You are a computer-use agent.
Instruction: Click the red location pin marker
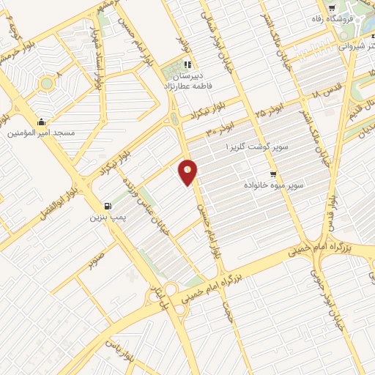click(x=188, y=172)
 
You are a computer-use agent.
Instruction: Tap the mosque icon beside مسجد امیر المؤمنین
click(x=42, y=122)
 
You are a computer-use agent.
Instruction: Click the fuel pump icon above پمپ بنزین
click(x=108, y=207)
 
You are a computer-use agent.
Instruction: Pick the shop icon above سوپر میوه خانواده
click(x=272, y=174)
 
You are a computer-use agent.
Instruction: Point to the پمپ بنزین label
click(x=104, y=218)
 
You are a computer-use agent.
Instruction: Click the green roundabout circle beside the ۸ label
click(x=46, y=83)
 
